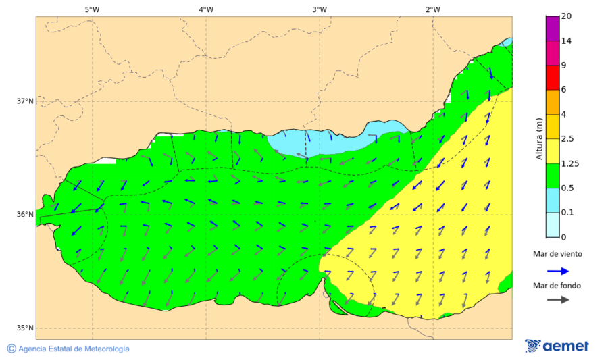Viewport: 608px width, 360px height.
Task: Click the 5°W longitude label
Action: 92,9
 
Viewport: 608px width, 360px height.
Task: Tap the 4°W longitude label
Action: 206,9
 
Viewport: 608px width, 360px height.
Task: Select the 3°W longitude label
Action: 320,9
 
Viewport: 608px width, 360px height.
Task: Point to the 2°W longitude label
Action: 433,9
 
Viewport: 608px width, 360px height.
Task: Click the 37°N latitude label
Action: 25,101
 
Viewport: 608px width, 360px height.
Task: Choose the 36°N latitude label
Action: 25,215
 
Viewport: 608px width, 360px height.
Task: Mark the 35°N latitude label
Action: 25,328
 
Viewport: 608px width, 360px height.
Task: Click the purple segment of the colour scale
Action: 553,28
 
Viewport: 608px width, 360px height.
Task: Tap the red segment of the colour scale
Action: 553,77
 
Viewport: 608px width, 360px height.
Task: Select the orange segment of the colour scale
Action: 553,102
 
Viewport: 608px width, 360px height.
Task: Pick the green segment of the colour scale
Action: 553,176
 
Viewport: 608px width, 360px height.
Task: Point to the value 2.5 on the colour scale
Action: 567,139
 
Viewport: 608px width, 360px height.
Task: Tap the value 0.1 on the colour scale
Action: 567,213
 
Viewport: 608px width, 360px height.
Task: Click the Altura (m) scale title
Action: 539,138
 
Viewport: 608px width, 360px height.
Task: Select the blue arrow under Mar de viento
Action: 557,270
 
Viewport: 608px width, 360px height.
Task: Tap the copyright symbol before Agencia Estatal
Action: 11,349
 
